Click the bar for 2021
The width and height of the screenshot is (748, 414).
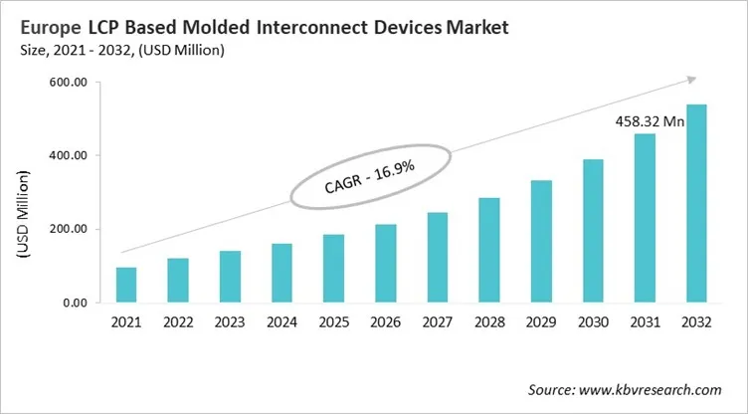coord(126,285)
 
